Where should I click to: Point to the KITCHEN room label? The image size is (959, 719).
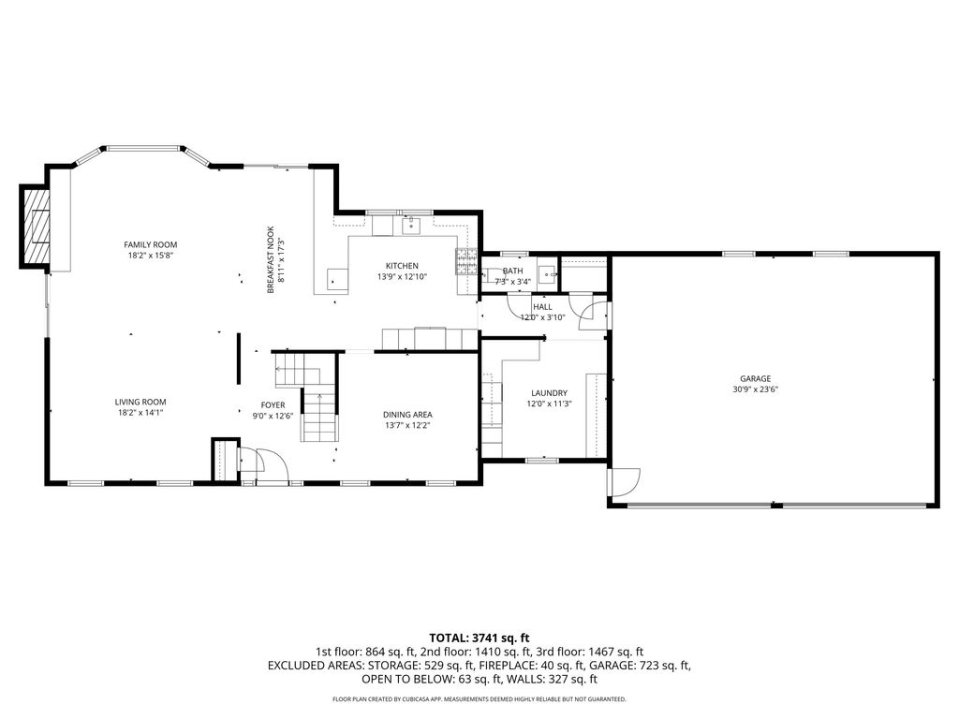coord(402,266)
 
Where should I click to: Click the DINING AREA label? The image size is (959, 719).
coord(407,414)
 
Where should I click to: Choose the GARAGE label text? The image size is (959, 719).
coord(755,379)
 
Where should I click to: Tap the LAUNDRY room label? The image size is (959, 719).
coord(549,393)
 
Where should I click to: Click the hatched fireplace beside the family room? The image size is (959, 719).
coord(36,227)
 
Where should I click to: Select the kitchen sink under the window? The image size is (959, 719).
coord(410,226)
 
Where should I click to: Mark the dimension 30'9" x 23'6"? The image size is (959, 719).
coord(755,390)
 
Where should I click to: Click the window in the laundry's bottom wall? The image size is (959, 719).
coord(541,460)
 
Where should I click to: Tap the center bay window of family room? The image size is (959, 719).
coord(141,148)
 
